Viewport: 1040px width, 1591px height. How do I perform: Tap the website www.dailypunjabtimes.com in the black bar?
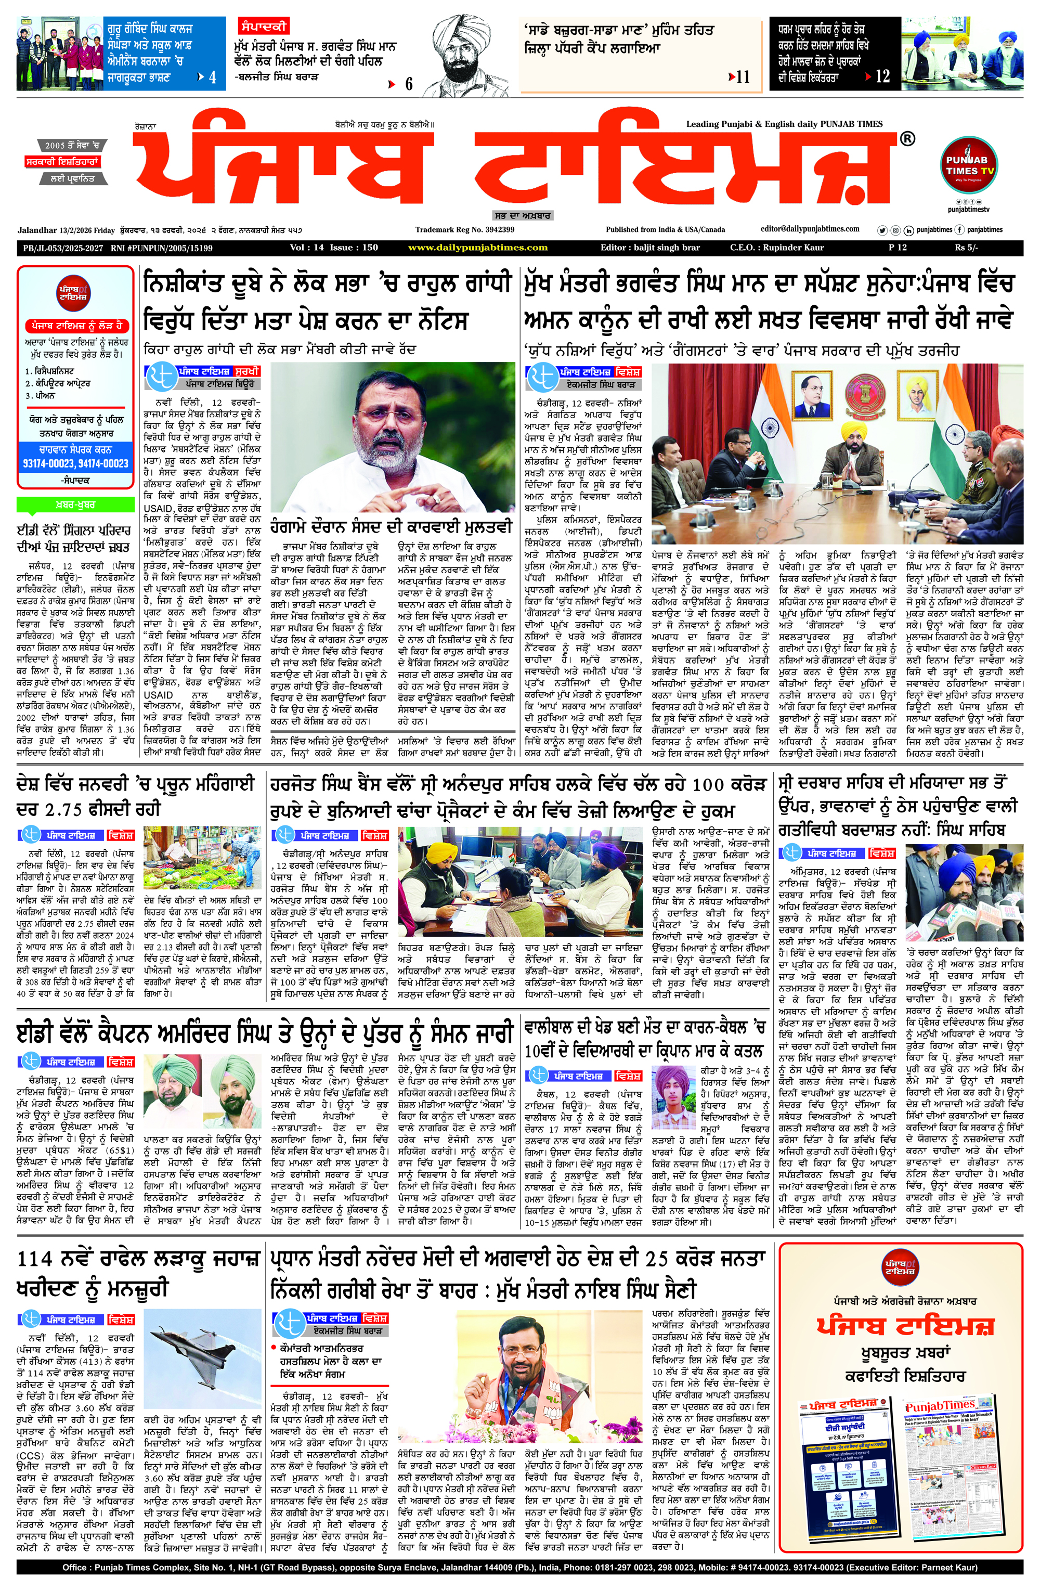[477, 248]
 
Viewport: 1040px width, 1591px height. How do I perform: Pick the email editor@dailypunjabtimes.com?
[810, 229]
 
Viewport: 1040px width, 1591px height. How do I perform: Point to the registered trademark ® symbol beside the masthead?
[907, 139]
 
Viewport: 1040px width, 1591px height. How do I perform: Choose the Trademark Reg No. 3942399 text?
[464, 229]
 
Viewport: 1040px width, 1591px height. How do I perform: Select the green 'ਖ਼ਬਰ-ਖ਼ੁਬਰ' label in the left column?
[74, 505]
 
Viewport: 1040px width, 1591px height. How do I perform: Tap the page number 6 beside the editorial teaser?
[408, 84]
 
